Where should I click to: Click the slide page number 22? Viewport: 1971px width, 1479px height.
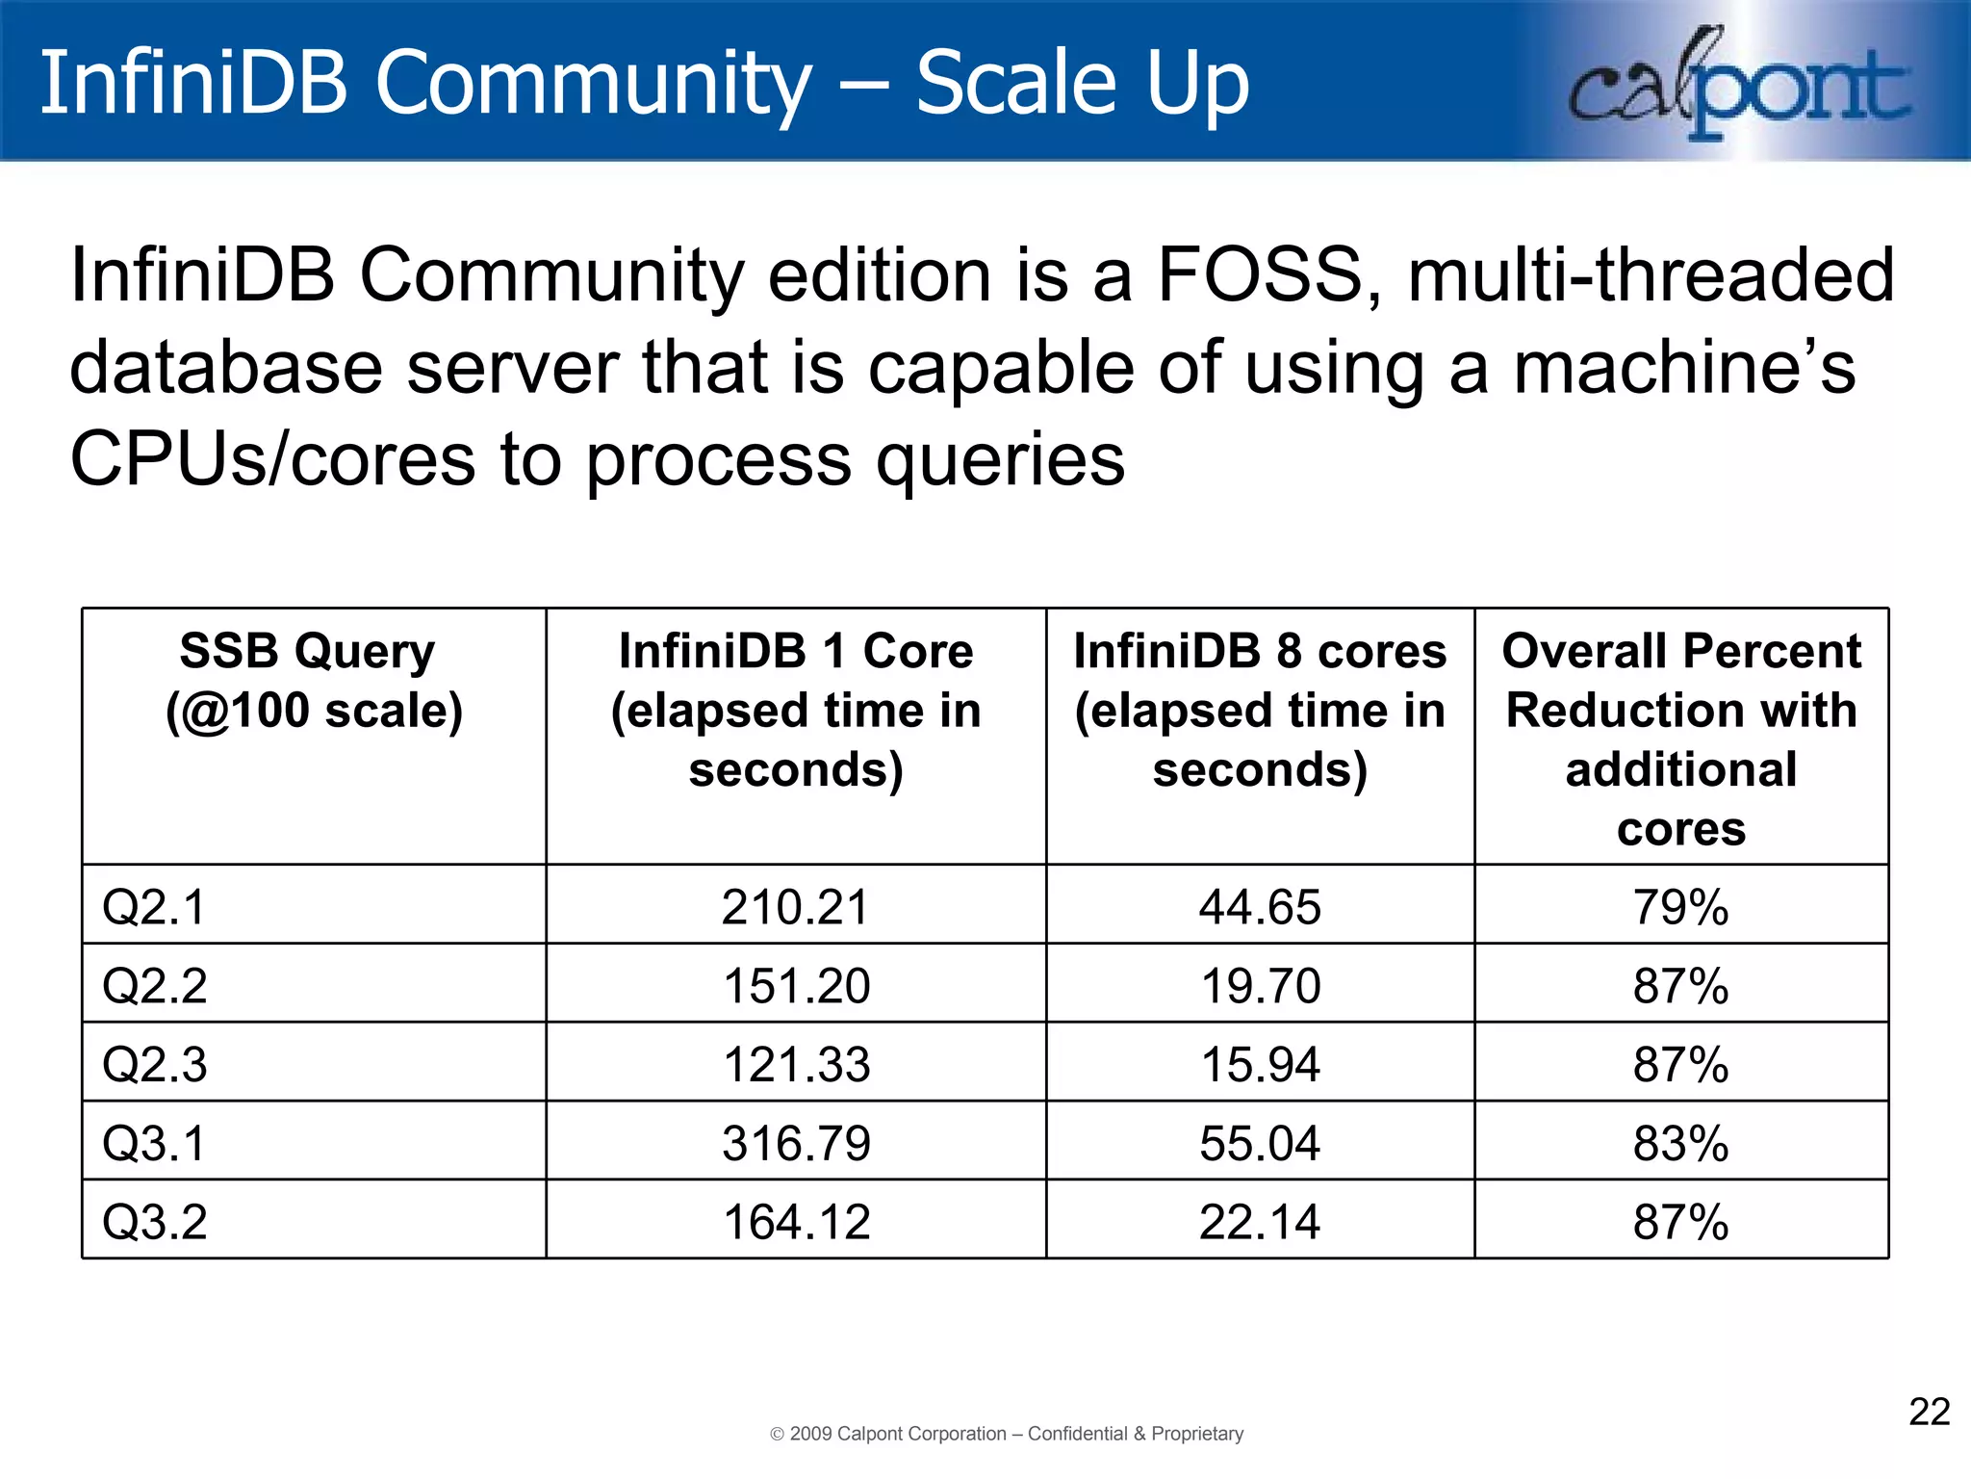(1929, 1412)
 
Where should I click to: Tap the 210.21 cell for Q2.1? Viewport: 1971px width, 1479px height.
(795, 906)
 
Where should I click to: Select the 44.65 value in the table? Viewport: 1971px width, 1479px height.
(1259, 906)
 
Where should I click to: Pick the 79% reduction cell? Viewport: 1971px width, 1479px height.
(1680, 906)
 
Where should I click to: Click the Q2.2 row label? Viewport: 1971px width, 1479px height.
(154, 985)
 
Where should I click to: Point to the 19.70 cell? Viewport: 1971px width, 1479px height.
(1259, 985)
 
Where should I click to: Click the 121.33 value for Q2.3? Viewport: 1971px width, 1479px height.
(795, 1064)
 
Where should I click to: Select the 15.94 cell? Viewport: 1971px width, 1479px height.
(1259, 1064)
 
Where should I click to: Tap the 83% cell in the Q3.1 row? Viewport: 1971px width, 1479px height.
(1680, 1143)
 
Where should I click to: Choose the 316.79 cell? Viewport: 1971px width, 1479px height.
(795, 1143)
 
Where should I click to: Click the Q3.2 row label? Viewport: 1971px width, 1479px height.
(154, 1222)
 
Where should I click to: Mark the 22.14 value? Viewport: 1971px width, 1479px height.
(1259, 1222)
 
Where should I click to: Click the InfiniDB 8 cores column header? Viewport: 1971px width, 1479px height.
(1259, 710)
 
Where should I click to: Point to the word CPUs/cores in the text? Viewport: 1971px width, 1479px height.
(272, 459)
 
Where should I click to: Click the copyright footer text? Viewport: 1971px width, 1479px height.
(1007, 1434)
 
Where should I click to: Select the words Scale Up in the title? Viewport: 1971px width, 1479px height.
(1082, 83)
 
